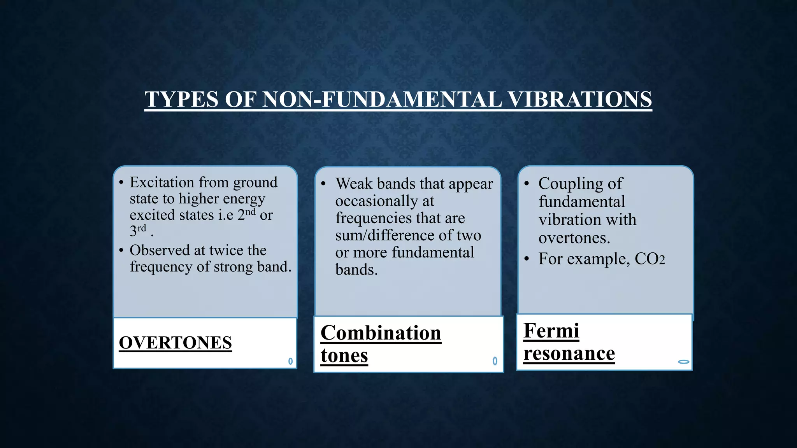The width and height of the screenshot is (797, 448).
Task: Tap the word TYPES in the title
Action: [x=181, y=99]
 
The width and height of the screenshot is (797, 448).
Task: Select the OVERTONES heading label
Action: [x=175, y=343]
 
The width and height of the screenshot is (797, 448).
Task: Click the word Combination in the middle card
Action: [x=381, y=333]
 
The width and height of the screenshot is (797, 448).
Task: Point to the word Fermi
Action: [x=551, y=331]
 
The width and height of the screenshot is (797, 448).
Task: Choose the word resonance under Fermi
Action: [x=569, y=353]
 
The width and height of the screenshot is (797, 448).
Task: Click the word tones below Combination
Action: [x=344, y=355]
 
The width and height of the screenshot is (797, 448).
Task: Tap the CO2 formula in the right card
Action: [x=650, y=259]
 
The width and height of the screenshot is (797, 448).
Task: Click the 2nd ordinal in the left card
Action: [x=247, y=214]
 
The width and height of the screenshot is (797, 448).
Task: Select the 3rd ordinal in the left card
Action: [x=138, y=230]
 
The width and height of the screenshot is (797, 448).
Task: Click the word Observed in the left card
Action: [x=159, y=250]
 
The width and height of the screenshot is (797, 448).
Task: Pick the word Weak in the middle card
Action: [x=354, y=184]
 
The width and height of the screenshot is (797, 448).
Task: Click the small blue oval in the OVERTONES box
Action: [x=290, y=361]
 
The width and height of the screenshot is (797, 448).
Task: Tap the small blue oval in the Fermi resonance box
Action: [x=683, y=362]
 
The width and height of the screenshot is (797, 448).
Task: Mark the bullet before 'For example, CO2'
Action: [x=527, y=259]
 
